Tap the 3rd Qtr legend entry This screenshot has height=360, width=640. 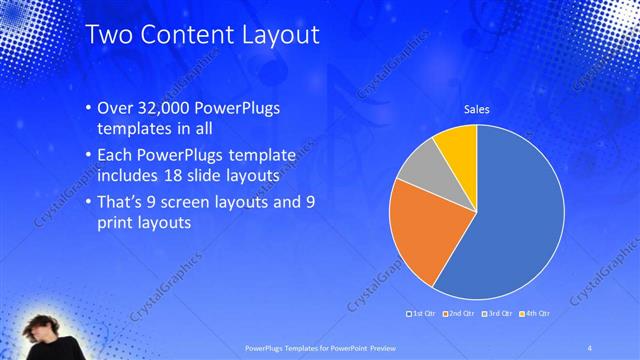coord(499,314)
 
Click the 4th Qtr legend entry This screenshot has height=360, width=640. coord(535,314)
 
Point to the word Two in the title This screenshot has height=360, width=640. coord(110,35)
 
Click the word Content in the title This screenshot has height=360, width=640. coord(186,35)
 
